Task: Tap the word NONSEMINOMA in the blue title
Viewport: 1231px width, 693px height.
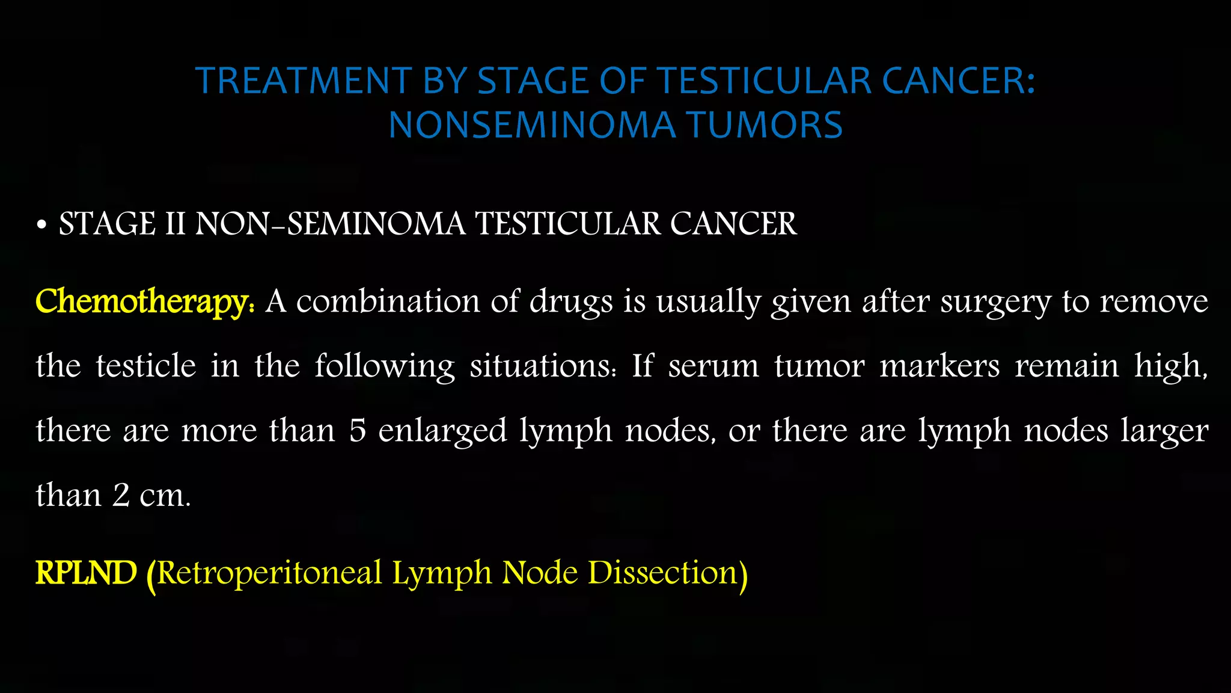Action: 532,125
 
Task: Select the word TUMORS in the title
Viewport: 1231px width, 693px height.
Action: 765,125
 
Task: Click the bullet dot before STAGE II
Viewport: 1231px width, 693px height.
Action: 41,225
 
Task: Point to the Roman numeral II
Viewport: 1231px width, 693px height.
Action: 175,224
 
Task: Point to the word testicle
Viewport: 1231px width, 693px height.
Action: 146,366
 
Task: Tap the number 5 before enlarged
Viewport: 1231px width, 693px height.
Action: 358,431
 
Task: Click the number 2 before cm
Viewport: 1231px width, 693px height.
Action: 121,496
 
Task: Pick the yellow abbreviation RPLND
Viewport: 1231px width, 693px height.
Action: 87,572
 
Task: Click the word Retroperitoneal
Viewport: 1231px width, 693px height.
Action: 269,573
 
